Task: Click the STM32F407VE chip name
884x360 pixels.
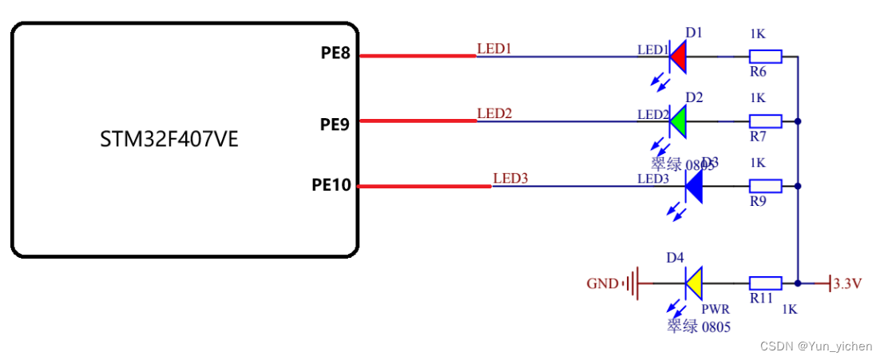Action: pyautogui.click(x=169, y=140)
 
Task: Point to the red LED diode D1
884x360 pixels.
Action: pyautogui.click(x=678, y=56)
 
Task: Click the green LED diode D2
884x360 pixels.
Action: pyautogui.click(x=678, y=121)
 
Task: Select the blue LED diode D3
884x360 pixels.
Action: pyautogui.click(x=693, y=187)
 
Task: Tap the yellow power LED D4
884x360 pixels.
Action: pyautogui.click(x=693, y=283)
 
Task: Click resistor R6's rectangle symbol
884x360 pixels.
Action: pyautogui.click(x=765, y=56)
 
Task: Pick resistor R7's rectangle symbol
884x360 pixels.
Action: pyautogui.click(x=765, y=121)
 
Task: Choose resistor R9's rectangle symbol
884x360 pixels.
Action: pyautogui.click(x=765, y=187)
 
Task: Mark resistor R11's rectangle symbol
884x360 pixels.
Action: pyautogui.click(x=765, y=283)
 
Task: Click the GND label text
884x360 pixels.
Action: pyautogui.click(x=602, y=283)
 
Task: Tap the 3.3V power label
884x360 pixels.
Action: pyautogui.click(x=847, y=283)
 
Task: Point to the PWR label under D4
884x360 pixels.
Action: pyautogui.click(x=716, y=309)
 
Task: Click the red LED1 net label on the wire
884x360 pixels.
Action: pyautogui.click(x=494, y=49)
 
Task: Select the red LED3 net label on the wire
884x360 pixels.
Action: pyautogui.click(x=510, y=178)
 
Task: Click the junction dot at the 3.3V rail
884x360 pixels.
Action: pyautogui.click(x=798, y=283)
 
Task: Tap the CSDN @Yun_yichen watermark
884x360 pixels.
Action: pyautogui.click(x=816, y=346)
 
